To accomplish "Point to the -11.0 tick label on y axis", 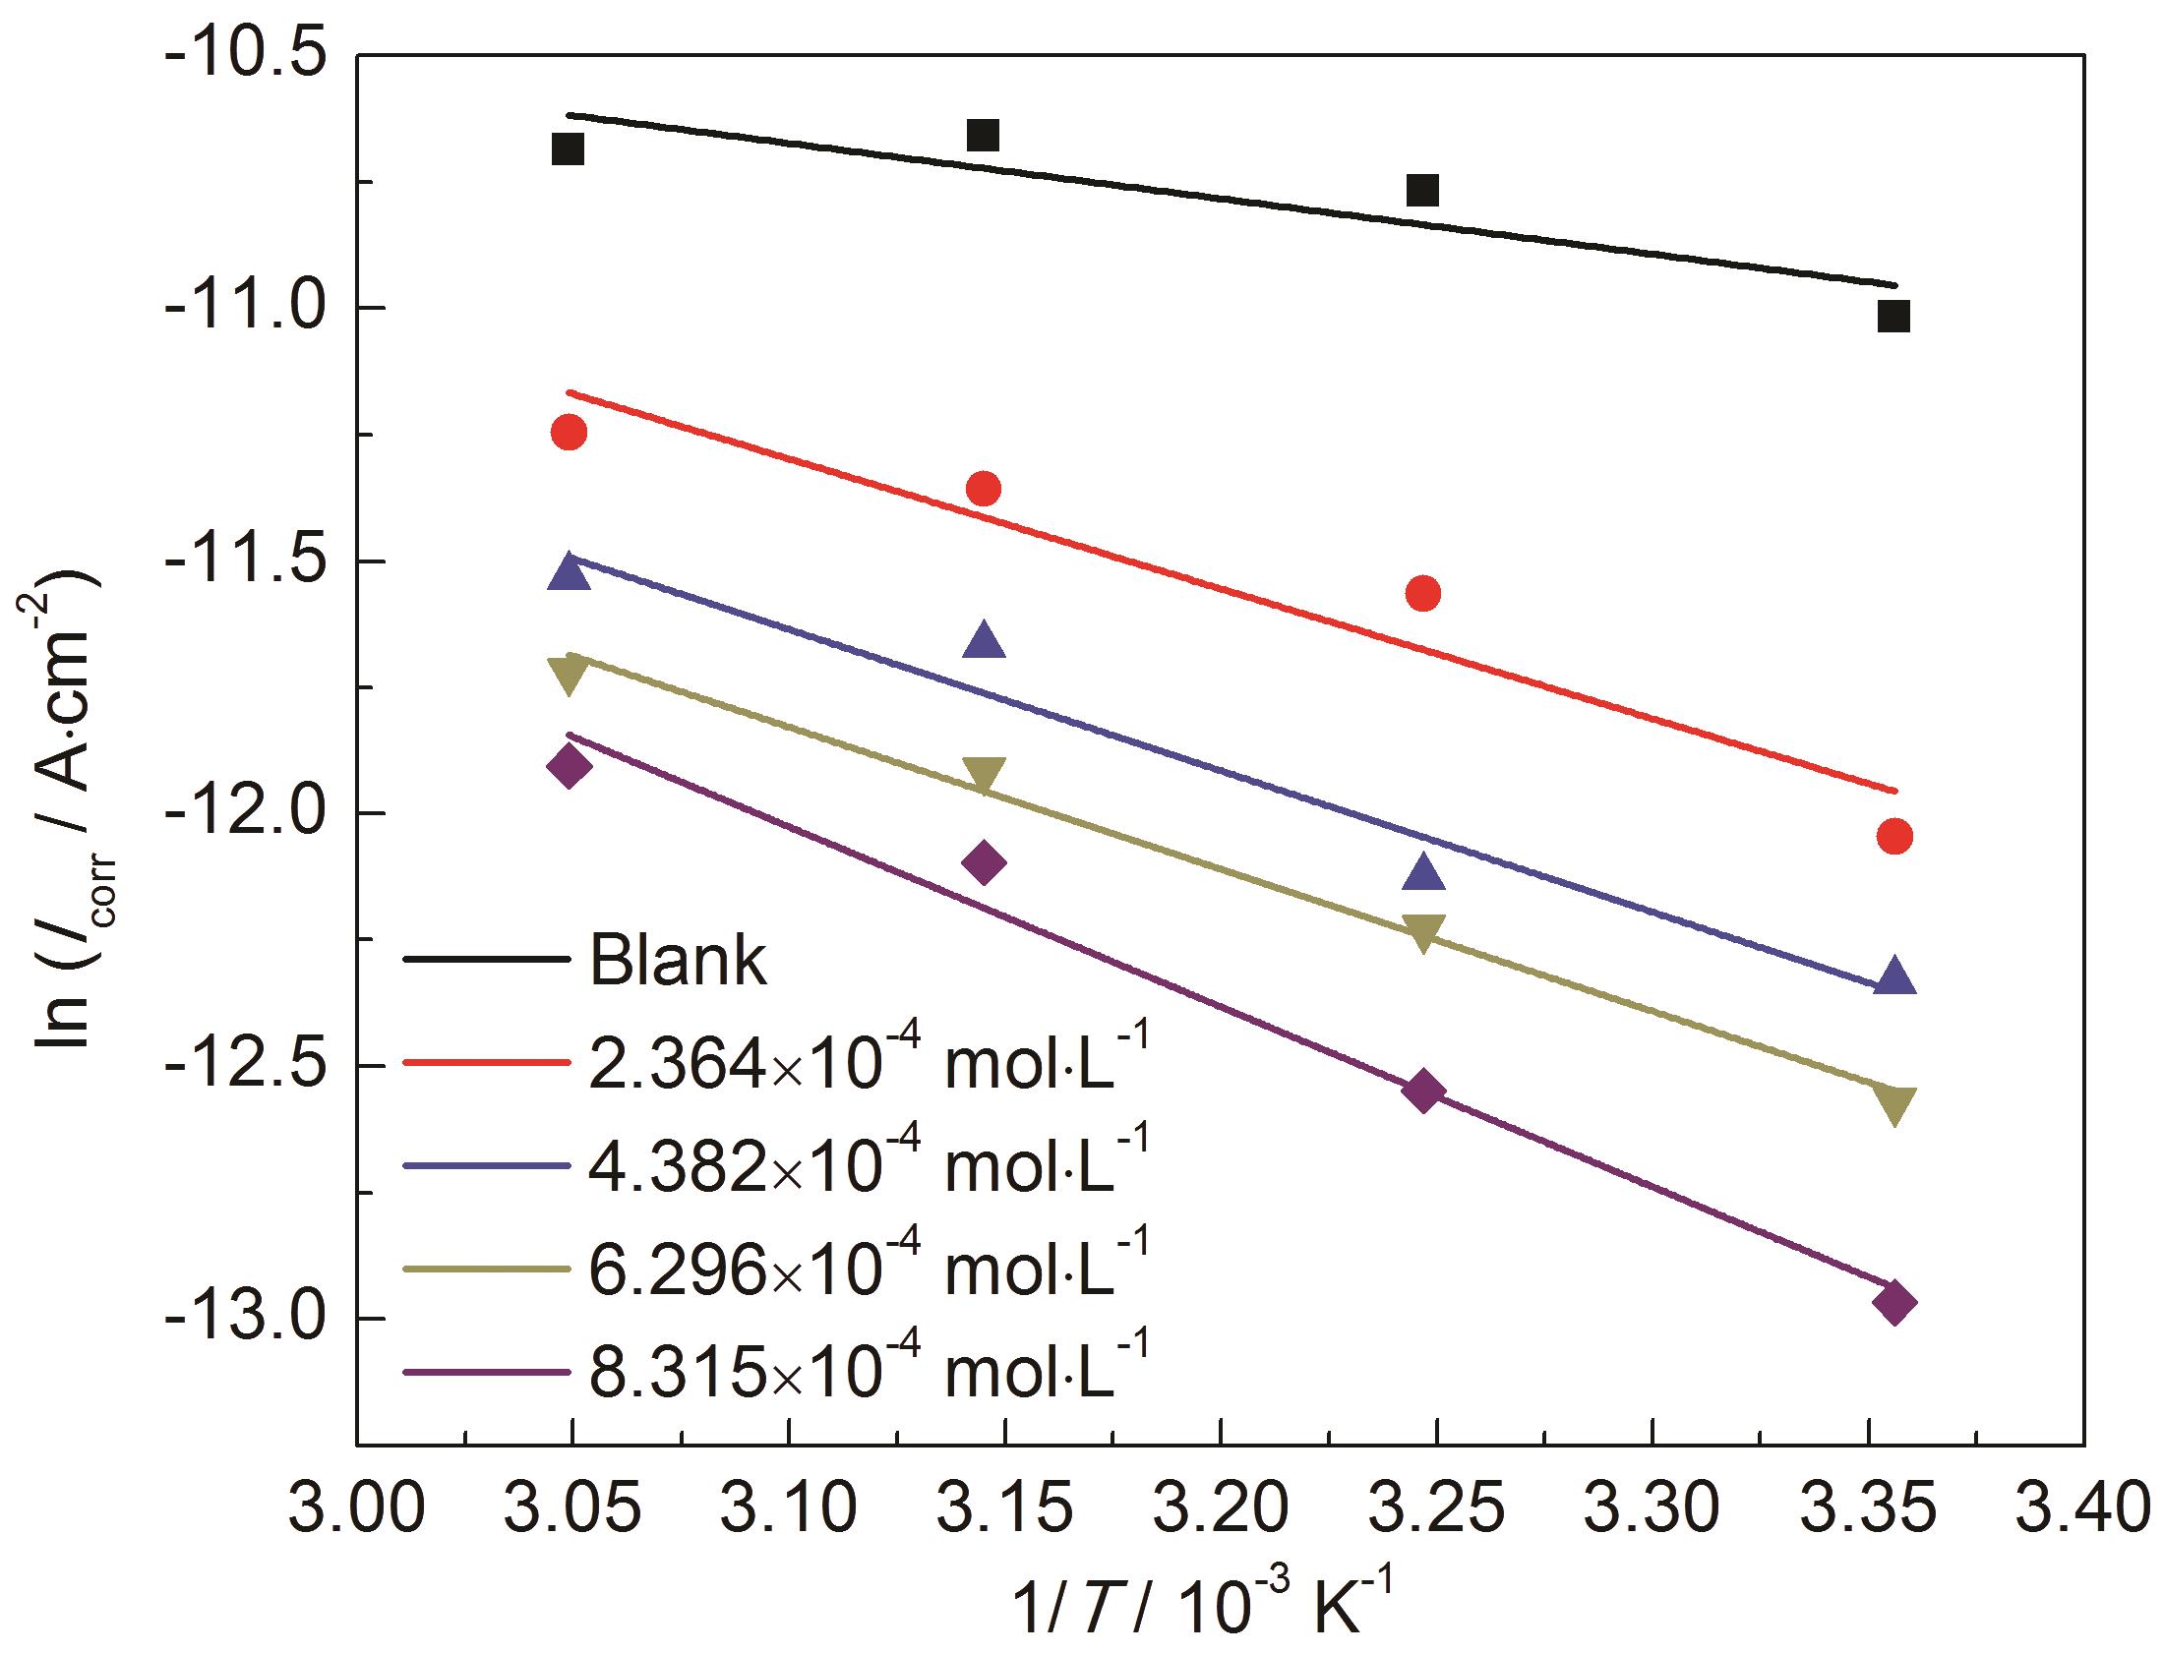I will (246, 307).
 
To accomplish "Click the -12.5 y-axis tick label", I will (246, 1065).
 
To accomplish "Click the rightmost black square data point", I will (1893, 316).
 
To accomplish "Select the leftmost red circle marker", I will (570, 433).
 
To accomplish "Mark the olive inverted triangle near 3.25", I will (1422, 931).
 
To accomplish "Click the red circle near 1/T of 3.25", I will (1422, 594).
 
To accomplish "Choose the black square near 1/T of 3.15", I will (983, 135).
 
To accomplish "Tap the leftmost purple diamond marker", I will (570, 766).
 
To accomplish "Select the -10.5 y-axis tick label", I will (246, 54).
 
